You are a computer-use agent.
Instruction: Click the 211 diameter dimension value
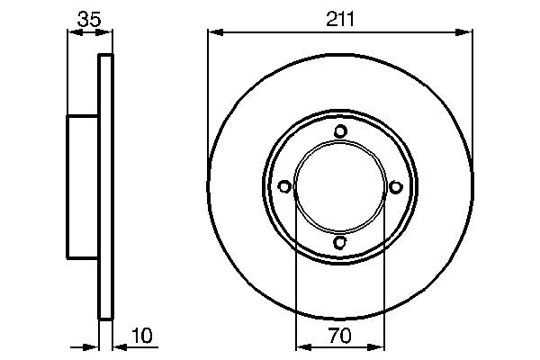point(340,19)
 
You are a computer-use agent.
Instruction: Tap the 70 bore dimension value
point(339,335)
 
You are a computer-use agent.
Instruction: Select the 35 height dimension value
point(89,19)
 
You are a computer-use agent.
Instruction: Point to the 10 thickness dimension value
point(141,335)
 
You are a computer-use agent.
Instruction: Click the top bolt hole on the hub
point(340,131)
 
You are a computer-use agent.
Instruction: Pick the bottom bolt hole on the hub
point(339,242)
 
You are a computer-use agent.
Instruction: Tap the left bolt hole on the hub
point(284,186)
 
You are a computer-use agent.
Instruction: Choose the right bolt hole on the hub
point(396,186)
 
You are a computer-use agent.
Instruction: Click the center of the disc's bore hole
point(340,187)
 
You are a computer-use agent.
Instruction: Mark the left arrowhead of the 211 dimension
point(216,32)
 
